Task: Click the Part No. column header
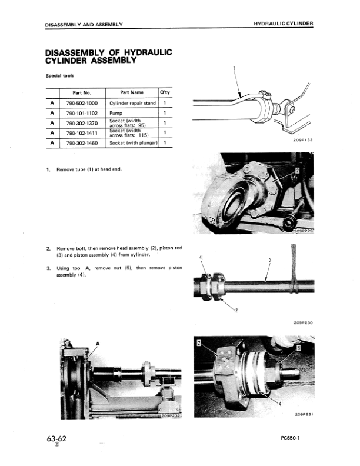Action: coord(82,92)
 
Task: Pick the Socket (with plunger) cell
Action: coord(134,142)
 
